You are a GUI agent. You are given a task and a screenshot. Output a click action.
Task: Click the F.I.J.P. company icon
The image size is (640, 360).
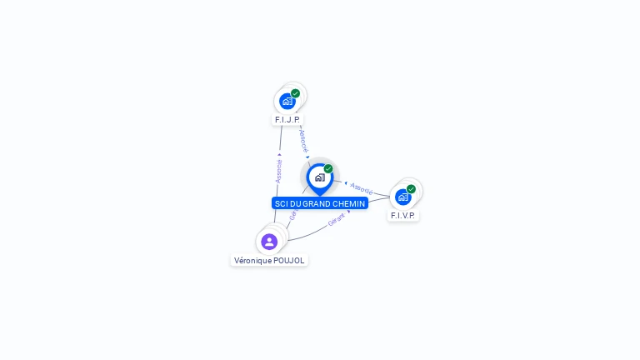coord(287,102)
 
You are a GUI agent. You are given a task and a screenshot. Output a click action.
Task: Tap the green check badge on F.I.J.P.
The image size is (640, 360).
coord(295,93)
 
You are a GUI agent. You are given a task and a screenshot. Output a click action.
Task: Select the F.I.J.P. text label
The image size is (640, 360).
coord(287,120)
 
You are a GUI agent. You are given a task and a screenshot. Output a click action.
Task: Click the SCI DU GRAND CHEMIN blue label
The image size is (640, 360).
coord(319,203)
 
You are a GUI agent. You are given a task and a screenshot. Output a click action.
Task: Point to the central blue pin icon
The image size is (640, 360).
coord(319,177)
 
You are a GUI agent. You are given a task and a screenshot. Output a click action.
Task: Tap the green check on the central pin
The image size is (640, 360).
coord(328,169)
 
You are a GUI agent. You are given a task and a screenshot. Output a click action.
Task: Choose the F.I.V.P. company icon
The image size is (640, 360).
coord(403,197)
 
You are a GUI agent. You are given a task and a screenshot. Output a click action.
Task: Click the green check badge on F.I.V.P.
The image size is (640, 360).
coord(411,189)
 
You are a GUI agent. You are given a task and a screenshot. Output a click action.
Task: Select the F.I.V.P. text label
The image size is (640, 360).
coord(403,216)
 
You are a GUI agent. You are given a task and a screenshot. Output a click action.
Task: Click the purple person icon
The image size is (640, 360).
coord(269,242)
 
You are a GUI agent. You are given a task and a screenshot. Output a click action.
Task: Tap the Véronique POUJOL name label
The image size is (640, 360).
coord(269,260)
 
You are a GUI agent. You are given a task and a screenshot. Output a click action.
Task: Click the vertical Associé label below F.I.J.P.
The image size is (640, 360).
coord(278,171)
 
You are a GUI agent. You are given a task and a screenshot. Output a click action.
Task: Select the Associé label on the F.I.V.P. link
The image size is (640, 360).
coord(362,187)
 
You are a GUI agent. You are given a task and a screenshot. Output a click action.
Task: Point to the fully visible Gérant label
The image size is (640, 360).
coord(336,221)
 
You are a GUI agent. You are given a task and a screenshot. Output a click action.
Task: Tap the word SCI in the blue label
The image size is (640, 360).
coord(281,203)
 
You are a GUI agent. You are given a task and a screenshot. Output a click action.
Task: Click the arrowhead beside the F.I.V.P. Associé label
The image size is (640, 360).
coord(346,182)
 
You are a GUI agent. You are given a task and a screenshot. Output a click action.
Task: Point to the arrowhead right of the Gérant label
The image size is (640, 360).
coord(348,212)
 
